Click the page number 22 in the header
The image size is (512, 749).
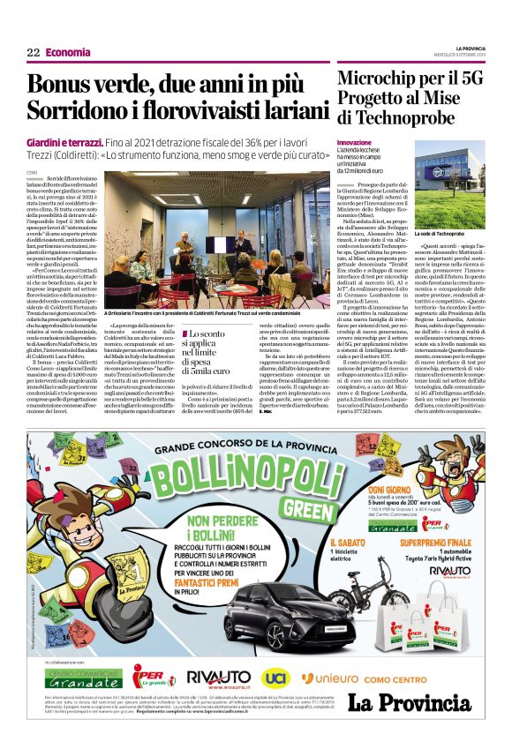(x=33, y=53)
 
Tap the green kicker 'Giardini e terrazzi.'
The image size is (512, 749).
(x=77, y=143)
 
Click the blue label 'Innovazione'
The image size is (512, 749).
(x=355, y=142)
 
